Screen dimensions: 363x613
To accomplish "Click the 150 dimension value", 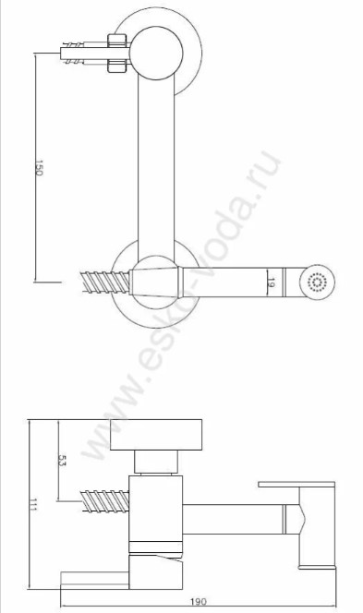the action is point(39,167).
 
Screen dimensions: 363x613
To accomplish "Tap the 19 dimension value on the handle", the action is point(271,282).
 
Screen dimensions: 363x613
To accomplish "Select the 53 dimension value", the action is point(62,460).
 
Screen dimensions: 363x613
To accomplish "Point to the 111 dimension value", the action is point(32,504).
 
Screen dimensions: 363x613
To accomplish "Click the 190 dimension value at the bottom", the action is point(199,601).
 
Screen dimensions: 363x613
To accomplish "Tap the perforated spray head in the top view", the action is point(317,282).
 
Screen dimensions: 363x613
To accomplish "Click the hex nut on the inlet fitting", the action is point(117,54).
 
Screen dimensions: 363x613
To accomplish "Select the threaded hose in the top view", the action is point(105,282).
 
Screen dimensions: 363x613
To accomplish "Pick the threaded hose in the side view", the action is point(104,501).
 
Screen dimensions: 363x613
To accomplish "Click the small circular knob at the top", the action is point(156,54).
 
